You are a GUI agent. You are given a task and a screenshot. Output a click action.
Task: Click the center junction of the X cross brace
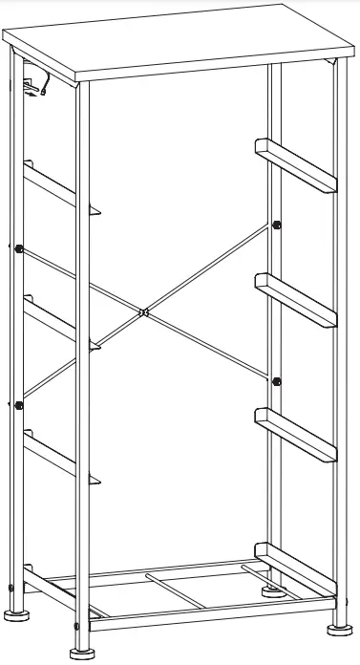point(142,311)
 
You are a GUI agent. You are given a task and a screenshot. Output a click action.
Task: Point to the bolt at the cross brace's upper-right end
point(276,225)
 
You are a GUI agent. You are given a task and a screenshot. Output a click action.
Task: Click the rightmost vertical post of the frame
point(339,363)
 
